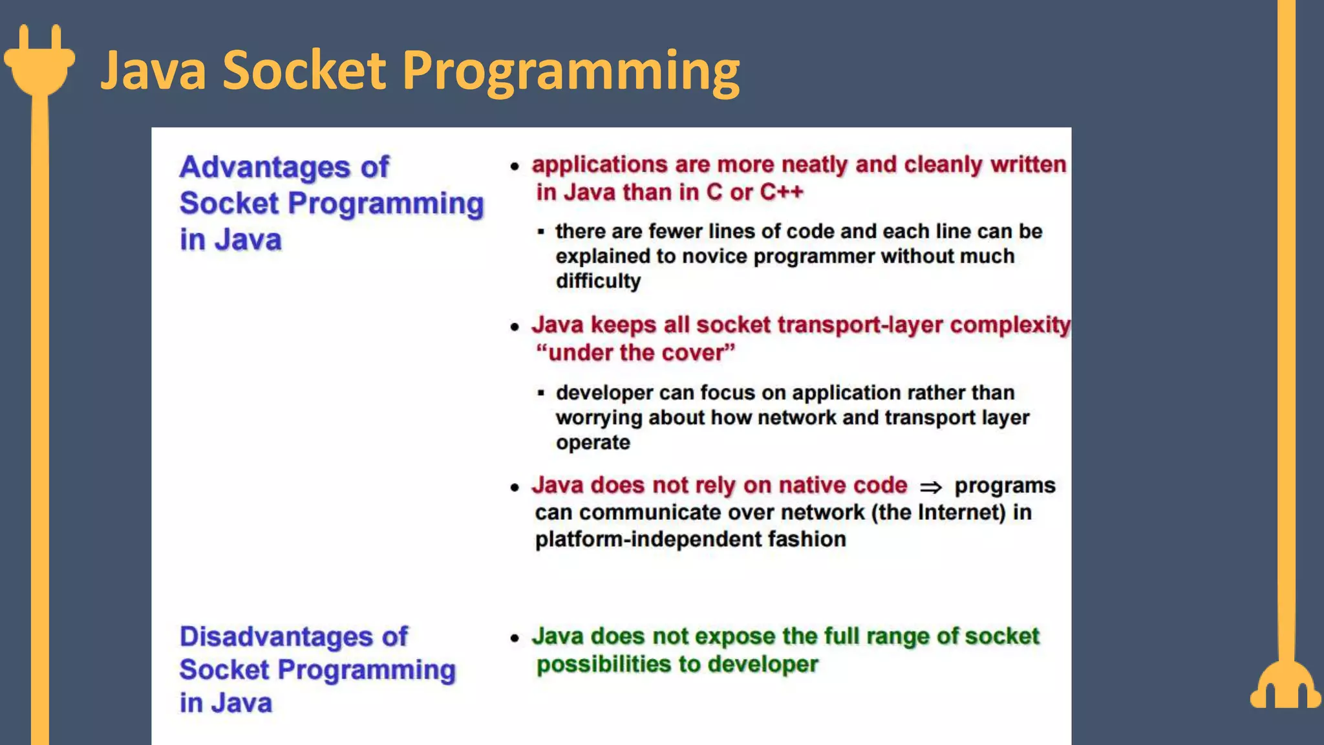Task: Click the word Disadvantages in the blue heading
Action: tap(274, 637)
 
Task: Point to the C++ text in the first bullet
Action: tap(782, 192)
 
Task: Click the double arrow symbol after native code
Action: tap(931, 487)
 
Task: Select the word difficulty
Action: tap(598, 281)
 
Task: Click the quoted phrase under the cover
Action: tap(635, 353)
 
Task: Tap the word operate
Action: tap(593, 443)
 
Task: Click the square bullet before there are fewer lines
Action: tap(541, 232)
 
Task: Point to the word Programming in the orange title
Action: tap(571, 71)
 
